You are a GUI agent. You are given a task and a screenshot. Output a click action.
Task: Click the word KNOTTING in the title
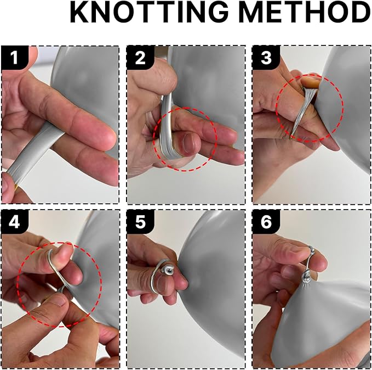point(149,12)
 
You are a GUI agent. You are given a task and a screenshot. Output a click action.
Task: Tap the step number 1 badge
point(15,58)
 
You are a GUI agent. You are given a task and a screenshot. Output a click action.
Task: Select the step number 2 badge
point(140,58)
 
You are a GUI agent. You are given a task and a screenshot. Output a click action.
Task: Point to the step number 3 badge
point(266,58)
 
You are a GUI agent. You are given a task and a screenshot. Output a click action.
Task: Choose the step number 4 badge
point(15,222)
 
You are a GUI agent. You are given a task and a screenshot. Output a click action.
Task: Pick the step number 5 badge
point(140,222)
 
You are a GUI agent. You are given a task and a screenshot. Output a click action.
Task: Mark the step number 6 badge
point(266,222)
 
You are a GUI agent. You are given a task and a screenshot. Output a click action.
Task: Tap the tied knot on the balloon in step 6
point(308,277)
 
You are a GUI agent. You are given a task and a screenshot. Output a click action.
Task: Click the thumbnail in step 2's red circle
point(190,143)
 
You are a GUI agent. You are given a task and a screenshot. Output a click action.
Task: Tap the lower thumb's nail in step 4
point(58,300)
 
